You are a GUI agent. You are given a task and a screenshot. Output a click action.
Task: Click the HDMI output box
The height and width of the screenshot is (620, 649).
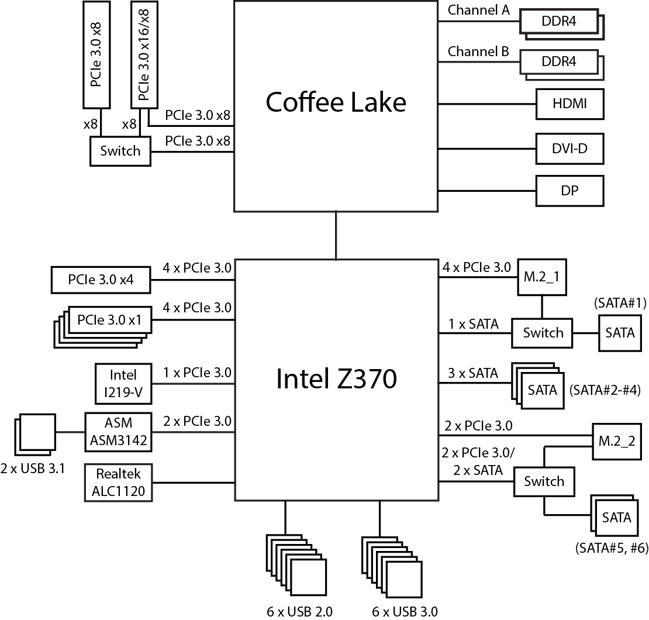[x=569, y=104]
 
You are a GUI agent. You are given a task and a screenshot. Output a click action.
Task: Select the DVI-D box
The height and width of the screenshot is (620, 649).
[x=569, y=149]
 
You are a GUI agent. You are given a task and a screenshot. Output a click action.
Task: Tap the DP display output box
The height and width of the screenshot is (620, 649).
[x=569, y=190]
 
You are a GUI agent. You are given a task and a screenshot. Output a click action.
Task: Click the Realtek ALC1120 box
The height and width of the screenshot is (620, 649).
[x=119, y=483]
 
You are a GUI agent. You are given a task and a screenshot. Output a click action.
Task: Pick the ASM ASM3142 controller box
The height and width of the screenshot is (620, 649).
[x=119, y=433]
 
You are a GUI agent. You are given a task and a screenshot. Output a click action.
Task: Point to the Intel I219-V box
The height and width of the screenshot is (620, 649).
[x=123, y=383]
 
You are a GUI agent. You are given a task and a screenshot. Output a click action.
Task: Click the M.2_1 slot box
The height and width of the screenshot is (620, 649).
[x=541, y=277]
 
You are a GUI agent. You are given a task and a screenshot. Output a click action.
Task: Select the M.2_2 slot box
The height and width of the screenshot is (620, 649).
[x=617, y=441]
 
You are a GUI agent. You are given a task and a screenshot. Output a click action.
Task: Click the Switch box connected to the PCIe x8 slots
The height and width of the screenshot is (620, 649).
[x=120, y=151]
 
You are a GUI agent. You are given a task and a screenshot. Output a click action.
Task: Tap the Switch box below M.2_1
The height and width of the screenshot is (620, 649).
[x=543, y=333]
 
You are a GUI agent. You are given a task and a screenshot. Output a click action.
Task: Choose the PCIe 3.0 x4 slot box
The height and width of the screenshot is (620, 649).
[x=101, y=280]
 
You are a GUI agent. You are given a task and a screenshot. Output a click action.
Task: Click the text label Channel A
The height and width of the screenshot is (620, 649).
[x=478, y=10]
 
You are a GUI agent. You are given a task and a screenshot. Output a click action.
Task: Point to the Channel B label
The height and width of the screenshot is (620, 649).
[x=478, y=51]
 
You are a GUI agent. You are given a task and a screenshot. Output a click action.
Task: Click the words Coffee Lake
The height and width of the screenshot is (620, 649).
[x=336, y=102]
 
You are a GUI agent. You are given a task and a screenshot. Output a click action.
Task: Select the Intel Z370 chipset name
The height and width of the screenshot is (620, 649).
[x=336, y=378]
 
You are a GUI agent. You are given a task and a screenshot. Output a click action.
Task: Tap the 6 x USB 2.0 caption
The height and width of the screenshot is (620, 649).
[x=299, y=612]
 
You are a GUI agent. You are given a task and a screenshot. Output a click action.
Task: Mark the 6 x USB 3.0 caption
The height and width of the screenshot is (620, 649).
[x=405, y=612]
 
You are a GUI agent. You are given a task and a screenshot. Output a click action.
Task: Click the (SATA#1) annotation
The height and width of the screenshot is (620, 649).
[x=620, y=303]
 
